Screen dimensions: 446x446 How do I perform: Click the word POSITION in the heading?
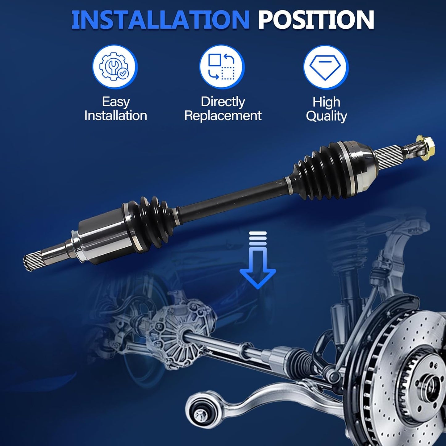pyautogui.click(x=316, y=20)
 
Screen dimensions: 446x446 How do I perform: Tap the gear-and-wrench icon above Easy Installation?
pyautogui.click(x=115, y=67)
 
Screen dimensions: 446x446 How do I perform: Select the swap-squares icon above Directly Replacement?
pyautogui.click(x=222, y=67)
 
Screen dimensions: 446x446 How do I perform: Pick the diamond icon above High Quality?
pyautogui.click(x=326, y=67)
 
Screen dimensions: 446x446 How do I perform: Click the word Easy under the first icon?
pyautogui.click(x=116, y=102)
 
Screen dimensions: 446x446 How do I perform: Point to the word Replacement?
pyautogui.click(x=223, y=116)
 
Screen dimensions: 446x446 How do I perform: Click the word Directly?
pyautogui.click(x=223, y=102)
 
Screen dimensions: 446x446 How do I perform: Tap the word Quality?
pyautogui.click(x=326, y=116)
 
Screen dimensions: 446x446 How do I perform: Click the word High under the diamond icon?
pyautogui.click(x=326, y=102)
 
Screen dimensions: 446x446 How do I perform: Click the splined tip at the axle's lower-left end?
pyautogui.click(x=30, y=263)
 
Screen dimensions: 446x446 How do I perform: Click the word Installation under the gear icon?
pyautogui.click(x=116, y=116)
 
